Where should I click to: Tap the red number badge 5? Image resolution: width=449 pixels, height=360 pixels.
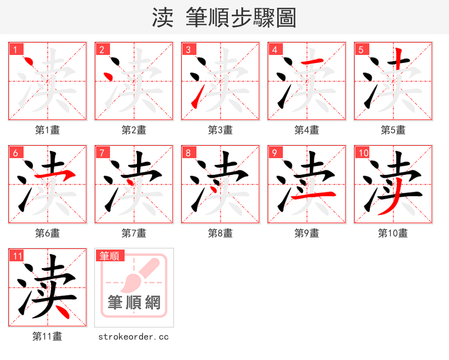[361, 49]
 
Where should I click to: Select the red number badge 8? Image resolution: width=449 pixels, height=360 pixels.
[188, 153]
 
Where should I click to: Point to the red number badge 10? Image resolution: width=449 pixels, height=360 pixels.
[363, 153]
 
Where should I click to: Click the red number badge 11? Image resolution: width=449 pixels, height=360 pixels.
[17, 256]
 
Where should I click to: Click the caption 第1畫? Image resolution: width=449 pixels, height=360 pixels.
[47, 130]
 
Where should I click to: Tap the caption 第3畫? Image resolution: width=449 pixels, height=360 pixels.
[220, 130]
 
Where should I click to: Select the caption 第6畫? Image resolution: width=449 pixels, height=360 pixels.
[47, 233]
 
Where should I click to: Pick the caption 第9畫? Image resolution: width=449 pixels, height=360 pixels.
[306, 233]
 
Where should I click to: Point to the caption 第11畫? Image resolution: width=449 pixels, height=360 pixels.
[47, 336]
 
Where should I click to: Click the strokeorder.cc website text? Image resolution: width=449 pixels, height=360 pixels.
[134, 337]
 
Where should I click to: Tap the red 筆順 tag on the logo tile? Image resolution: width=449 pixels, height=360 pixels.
[109, 256]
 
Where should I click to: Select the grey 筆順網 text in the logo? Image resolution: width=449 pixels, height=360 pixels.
[134, 303]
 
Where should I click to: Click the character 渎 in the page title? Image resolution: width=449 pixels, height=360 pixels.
[163, 18]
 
